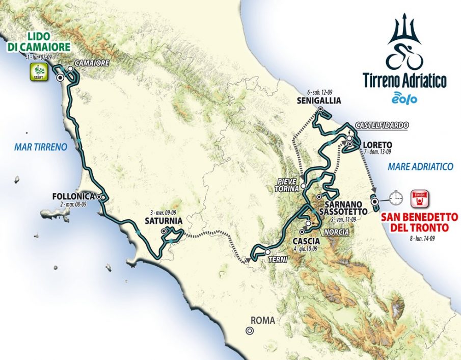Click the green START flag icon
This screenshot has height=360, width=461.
point(40,73)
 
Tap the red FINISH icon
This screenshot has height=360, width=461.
point(420,197)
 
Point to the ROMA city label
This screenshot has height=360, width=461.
point(262,321)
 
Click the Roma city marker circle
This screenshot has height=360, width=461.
point(250,330)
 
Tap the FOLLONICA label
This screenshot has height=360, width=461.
point(73,196)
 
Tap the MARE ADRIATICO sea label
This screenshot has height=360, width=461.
point(420,166)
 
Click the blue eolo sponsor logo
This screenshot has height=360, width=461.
point(404,98)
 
